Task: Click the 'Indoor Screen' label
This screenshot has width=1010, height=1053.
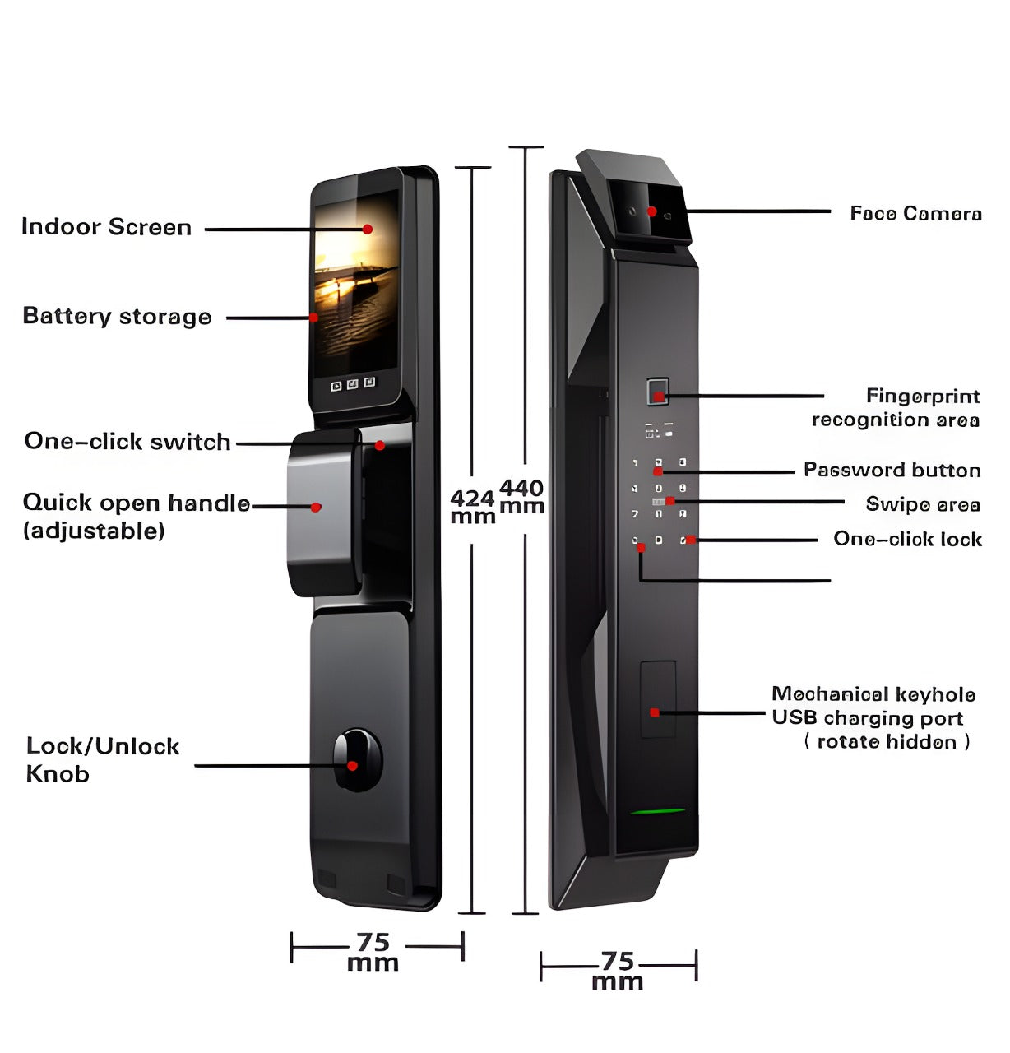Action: [x=106, y=227]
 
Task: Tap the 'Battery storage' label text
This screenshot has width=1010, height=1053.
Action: [x=117, y=317]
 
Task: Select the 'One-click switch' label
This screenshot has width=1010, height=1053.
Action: [x=127, y=442]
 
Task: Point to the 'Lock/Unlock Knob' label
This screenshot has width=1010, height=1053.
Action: [x=102, y=759]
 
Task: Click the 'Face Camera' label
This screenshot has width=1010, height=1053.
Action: [x=915, y=214]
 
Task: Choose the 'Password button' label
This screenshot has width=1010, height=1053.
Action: [x=892, y=471]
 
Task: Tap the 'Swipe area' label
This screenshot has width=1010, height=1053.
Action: [x=922, y=504]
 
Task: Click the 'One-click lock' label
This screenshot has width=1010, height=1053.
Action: [x=907, y=540]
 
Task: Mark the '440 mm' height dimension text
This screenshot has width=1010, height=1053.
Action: [x=522, y=497]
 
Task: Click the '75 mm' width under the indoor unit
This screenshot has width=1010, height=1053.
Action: [x=373, y=952]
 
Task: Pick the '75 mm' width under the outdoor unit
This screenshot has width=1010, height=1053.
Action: [x=617, y=971]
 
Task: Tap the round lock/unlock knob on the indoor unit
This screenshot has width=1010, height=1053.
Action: [x=357, y=758]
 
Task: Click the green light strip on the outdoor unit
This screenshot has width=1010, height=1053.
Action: [x=658, y=812]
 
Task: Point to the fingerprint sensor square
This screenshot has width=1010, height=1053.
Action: [x=657, y=392]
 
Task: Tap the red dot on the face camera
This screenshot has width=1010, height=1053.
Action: [x=651, y=211]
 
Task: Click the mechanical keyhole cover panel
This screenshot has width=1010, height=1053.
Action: [x=658, y=699]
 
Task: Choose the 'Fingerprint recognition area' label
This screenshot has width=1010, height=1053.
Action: [x=896, y=408]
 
